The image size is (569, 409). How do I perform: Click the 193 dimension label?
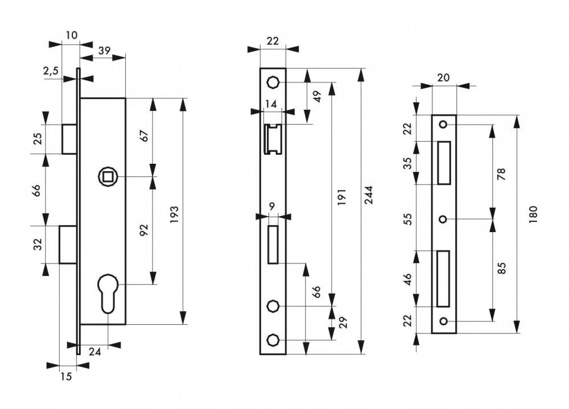[175, 214]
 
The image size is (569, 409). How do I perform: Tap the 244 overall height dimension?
[369, 195]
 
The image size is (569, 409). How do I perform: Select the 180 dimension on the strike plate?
[533, 214]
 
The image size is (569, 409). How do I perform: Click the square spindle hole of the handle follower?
[108, 177]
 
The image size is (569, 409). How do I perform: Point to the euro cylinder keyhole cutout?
[108, 293]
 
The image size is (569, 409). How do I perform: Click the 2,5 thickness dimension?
[51, 71]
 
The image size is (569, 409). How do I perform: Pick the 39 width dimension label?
[104, 51]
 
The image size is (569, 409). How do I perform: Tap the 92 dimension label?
[144, 230]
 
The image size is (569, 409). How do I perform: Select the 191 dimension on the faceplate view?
[342, 196]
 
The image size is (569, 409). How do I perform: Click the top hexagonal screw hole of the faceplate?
[272, 82]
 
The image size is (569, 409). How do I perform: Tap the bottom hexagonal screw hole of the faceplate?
[272, 340]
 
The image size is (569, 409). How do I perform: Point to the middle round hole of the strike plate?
[443, 219]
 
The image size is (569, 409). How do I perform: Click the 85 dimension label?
[502, 268]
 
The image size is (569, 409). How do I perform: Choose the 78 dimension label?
[502, 174]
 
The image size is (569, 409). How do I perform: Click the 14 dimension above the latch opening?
[271, 105]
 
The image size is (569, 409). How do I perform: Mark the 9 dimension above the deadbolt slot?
[272, 206]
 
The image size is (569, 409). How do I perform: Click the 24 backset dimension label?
[94, 352]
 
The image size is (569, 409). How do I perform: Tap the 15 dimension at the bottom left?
[66, 377]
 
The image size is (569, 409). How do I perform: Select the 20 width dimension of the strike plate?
[443, 77]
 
